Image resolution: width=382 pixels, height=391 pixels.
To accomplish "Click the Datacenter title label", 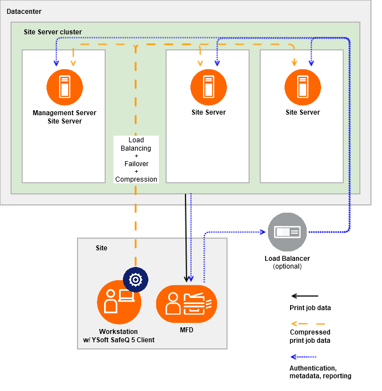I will tap(24, 12).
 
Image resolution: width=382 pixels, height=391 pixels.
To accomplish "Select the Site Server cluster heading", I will tap(53, 32).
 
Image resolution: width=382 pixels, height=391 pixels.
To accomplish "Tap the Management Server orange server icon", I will tap(65, 86).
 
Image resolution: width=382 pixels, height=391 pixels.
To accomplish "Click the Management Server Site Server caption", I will tap(65, 117).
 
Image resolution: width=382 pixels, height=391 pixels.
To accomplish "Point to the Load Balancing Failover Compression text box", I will tap(136, 160).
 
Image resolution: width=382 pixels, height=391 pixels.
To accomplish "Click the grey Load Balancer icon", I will tap(287, 231).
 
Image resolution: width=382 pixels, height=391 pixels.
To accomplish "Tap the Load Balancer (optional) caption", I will tap(287, 262).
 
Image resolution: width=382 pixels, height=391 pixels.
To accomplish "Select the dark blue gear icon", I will tap(135, 280).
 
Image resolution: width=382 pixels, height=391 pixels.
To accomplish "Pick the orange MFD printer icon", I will tap(187, 303).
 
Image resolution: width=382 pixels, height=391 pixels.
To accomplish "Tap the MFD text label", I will tap(187, 331).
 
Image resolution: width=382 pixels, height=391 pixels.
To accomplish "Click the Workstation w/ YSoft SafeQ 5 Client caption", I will tap(118, 336).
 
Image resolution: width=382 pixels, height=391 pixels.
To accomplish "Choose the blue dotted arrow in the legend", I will tap(308, 357).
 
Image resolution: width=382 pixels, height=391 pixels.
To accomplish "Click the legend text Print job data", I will tap(310, 307).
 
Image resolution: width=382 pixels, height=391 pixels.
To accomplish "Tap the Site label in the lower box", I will tap(101, 248).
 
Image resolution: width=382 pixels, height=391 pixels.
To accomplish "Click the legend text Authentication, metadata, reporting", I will tap(320, 372).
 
